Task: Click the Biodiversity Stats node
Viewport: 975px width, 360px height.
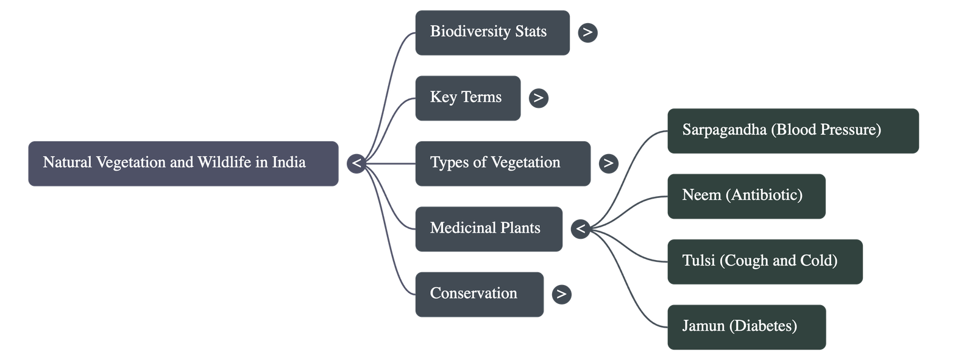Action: [492, 33]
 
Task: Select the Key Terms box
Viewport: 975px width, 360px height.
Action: [467, 98]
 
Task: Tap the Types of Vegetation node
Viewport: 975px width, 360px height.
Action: [502, 163]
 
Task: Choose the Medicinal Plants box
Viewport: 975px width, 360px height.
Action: [488, 229]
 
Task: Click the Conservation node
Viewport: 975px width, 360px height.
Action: [479, 294]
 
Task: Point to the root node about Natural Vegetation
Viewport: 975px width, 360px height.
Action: [183, 163]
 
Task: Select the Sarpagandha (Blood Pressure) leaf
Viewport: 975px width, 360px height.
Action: [793, 131]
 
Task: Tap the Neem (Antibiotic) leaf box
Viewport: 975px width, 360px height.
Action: [746, 196]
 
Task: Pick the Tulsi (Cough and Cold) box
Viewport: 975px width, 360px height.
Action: [764, 261]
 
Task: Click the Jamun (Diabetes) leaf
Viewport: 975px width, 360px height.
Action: [746, 326]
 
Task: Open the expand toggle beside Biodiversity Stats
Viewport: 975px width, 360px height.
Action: [587, 32]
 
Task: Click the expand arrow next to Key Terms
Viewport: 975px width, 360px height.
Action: [538, 98]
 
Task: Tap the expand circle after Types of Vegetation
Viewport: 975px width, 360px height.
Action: [608, 163]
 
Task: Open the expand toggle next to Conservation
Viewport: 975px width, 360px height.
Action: [561, 294]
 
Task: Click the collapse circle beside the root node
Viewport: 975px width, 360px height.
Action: [356, 163]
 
